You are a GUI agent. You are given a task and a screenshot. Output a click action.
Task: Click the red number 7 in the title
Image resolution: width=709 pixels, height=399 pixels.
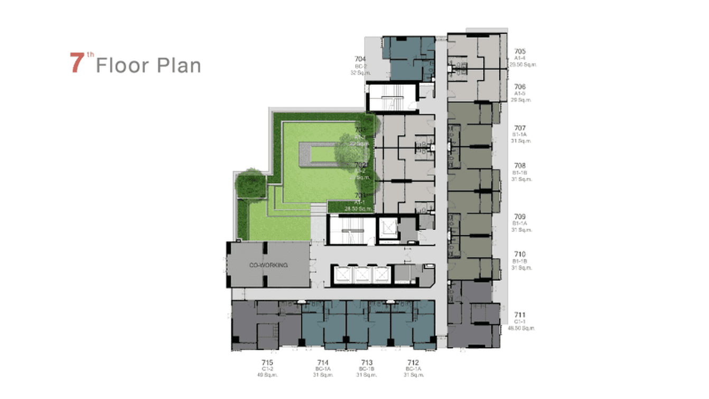pos(78,63)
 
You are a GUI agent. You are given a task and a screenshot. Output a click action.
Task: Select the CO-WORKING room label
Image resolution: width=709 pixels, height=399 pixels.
pos(268,265)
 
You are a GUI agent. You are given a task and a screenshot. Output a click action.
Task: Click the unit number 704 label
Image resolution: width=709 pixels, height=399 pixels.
pos(360,59)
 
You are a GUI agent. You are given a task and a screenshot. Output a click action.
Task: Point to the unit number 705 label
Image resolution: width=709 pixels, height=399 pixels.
pos(520,51)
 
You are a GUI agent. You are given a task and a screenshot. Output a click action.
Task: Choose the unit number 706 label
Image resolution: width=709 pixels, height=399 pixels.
pos(520,87)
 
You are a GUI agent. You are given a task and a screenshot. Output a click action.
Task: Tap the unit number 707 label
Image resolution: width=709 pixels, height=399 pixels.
pos(520,128)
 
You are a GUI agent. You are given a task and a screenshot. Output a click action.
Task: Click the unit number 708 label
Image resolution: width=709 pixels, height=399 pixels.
pos(520,166)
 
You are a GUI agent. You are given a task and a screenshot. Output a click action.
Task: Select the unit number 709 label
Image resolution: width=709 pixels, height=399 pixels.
pos(520,217)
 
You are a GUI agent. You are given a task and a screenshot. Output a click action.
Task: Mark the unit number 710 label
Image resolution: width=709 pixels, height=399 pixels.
pos(520,255)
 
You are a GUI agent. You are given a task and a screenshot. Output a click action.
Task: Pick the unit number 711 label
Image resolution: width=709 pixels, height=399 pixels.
pos(520,315)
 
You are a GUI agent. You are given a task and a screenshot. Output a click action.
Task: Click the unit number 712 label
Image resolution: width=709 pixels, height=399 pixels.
pos(413,362)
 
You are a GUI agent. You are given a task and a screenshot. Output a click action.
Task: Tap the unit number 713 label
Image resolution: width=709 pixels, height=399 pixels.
pos(367,362)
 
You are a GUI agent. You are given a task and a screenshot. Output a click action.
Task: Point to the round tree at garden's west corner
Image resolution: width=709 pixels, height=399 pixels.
pos(250,183)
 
